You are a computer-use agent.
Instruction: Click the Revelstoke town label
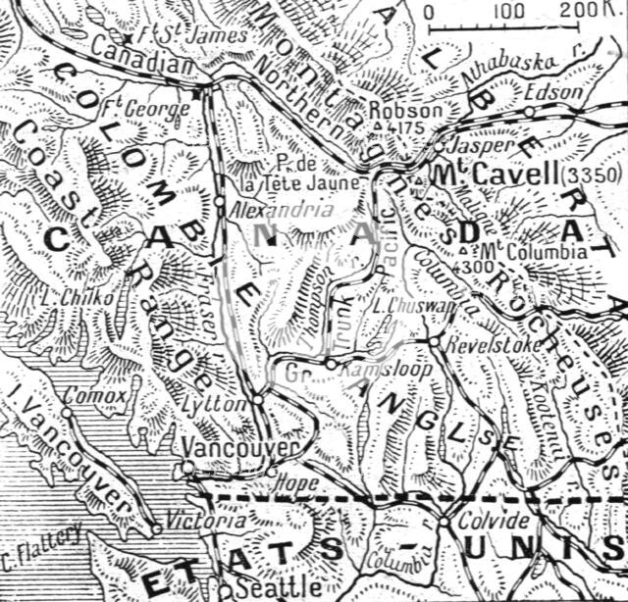coord(479,346)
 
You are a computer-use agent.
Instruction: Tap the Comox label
coord(95,396)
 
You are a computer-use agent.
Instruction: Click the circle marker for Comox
coord(67,413)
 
